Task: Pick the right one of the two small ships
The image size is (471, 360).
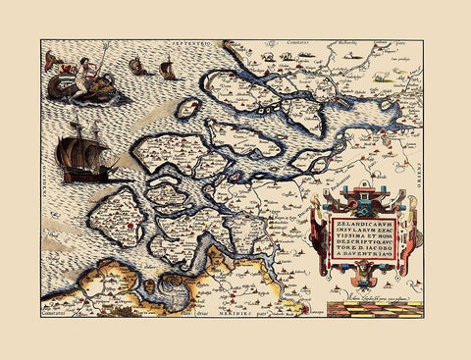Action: click(168, 69)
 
